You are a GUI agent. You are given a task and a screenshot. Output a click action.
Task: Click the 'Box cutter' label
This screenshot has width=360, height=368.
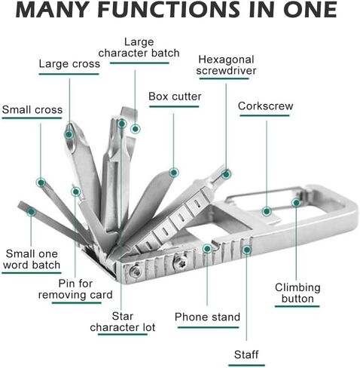[175, 97]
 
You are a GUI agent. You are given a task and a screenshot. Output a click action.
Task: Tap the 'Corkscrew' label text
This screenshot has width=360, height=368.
[265, 106]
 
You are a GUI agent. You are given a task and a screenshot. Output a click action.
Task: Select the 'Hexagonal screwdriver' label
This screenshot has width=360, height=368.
[226, 65]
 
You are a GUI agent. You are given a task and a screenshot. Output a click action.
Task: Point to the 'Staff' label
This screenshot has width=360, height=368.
[246, 354]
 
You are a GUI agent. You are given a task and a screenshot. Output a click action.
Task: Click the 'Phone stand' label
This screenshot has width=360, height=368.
[207, 317]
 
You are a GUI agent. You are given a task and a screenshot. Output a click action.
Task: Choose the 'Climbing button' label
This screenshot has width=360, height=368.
[297, 293]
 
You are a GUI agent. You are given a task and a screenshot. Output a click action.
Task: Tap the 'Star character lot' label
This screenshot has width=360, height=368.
[123, 322]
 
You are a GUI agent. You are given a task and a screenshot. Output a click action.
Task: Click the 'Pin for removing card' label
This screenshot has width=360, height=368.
[75, 290]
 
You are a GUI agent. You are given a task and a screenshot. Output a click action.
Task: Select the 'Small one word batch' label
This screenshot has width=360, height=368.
[32, 259]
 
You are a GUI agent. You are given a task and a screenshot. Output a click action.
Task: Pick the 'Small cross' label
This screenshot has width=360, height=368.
[32, 110]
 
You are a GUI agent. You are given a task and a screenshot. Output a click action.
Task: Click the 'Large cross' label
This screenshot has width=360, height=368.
[69, 64]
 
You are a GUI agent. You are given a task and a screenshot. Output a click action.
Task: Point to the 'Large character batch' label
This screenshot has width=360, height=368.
[139, 48]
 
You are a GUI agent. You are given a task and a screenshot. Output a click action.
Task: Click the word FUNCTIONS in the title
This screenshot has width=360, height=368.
[169, 10]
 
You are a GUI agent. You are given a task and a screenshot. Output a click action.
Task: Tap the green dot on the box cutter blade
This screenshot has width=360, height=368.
[173, 173]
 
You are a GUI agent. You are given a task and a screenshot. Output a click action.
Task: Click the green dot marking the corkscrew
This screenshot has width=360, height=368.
[267, 211]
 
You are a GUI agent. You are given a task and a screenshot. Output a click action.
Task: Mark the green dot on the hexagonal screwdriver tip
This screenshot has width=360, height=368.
[226, 174]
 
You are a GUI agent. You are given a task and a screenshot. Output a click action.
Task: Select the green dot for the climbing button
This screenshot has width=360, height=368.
[296, 203]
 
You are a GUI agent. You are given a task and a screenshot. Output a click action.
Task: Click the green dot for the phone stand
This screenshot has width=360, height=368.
[207, 249]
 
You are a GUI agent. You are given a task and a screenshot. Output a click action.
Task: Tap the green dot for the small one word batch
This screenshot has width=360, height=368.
[31, 212]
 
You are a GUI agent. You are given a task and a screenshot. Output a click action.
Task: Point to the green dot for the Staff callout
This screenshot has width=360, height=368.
[247, 250]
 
